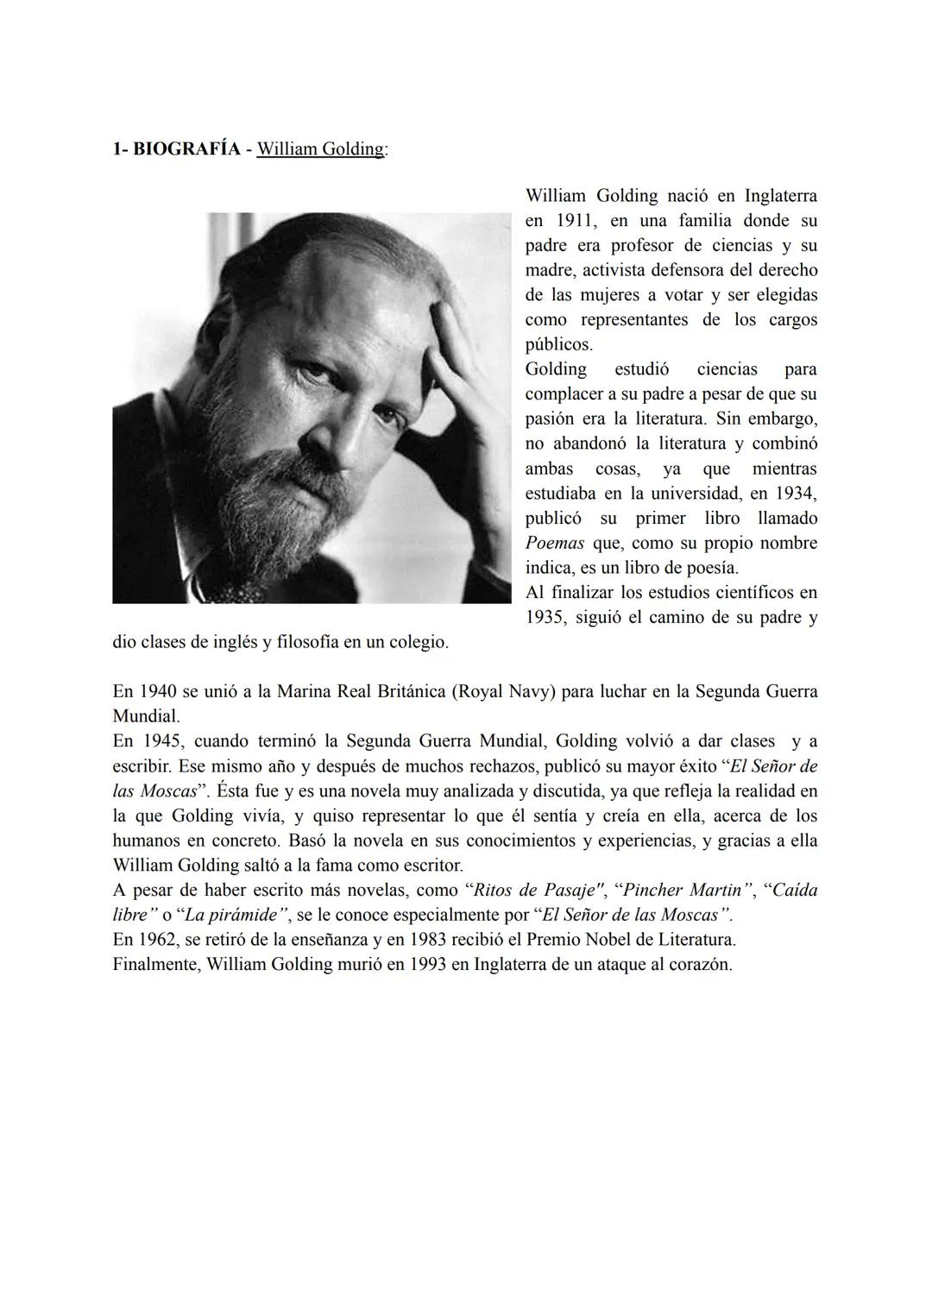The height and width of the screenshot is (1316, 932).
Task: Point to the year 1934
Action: [795, 494]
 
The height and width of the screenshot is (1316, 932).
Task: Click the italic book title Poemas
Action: [554, 544]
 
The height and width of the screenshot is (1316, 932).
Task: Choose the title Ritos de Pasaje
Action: [532, 890]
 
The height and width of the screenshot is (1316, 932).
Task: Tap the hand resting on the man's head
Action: [457, 354]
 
